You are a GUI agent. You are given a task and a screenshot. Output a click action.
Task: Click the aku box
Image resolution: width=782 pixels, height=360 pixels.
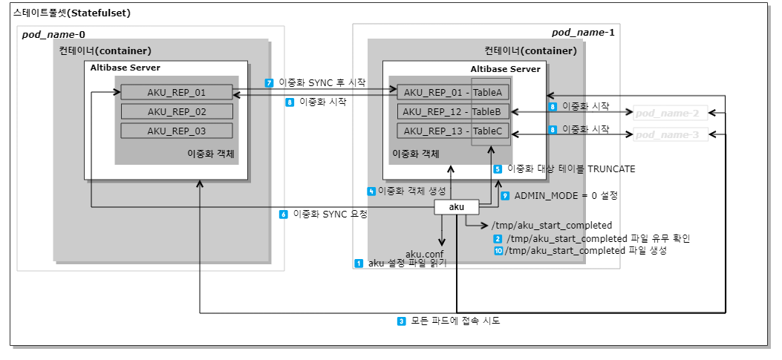pos(457,208)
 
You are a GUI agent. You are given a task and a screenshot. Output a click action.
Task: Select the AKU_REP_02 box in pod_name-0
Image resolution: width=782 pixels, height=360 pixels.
pos(177,111)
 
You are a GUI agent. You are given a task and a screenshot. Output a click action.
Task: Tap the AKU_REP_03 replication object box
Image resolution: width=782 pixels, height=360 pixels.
pos(177,131)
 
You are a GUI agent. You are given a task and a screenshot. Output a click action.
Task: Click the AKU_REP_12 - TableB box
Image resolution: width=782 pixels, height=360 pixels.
pos(453,111)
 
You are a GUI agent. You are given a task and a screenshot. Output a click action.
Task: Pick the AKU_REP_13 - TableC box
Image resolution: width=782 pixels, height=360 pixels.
pos(453,131)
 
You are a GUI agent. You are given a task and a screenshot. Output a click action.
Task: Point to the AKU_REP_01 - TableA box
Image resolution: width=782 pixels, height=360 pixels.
pos(453,92)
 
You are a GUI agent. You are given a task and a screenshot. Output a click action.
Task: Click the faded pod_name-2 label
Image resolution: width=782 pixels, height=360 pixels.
pos(667,113)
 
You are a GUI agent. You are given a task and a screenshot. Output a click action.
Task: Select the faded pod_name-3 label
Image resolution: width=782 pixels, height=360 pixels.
pos(667,135)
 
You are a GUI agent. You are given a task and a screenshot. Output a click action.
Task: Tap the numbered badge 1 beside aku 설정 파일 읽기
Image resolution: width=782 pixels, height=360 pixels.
pos(359,263)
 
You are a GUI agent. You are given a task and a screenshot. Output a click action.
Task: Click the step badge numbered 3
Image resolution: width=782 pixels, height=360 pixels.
pos(401,321)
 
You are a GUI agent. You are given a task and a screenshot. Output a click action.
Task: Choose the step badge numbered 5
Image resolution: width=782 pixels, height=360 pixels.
pos(498,168)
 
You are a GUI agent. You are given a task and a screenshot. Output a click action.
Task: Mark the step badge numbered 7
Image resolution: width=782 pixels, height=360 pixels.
pos(269,82)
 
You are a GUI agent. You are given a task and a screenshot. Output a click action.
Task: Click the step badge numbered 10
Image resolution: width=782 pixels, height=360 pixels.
pos(498,251)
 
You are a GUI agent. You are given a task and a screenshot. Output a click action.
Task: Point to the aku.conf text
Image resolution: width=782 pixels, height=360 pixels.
pos(424,254)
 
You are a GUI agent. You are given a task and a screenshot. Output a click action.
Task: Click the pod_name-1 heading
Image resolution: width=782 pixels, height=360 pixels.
pos(583,33)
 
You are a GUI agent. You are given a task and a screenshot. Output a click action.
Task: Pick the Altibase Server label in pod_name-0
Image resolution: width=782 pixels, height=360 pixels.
pos(125,68)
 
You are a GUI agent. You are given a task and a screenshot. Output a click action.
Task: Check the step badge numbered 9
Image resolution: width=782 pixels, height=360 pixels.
pos(505,196)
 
